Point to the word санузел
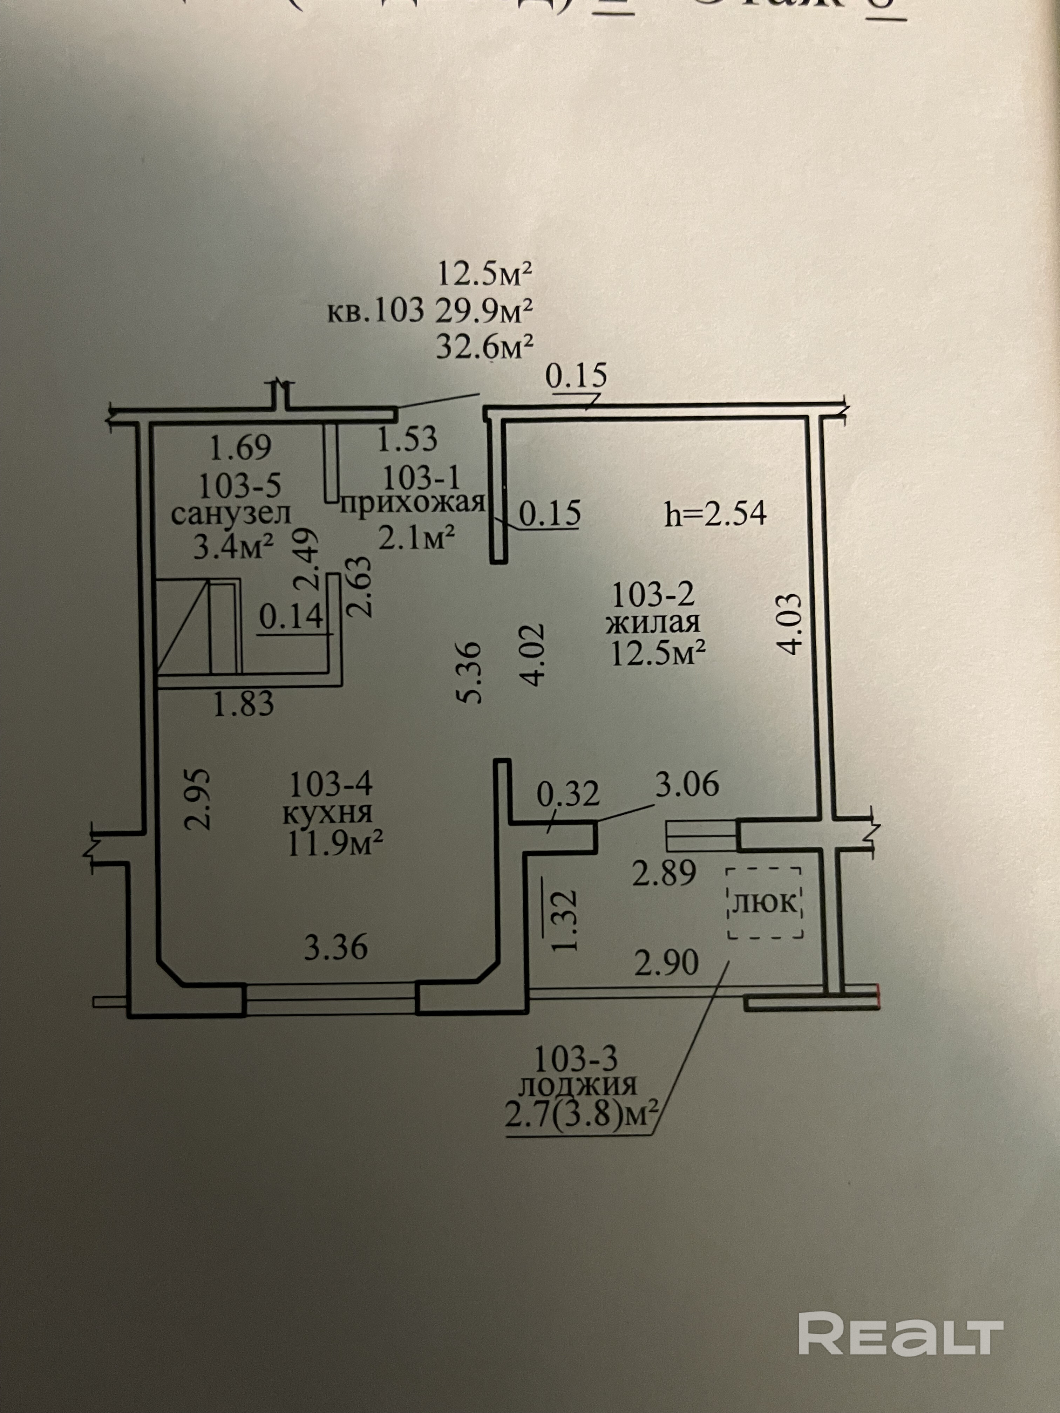point(231,514)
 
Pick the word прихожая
point(412,503)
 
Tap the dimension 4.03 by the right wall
point(790,624)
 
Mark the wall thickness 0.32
point(568,793)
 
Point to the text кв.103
point(376,312)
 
